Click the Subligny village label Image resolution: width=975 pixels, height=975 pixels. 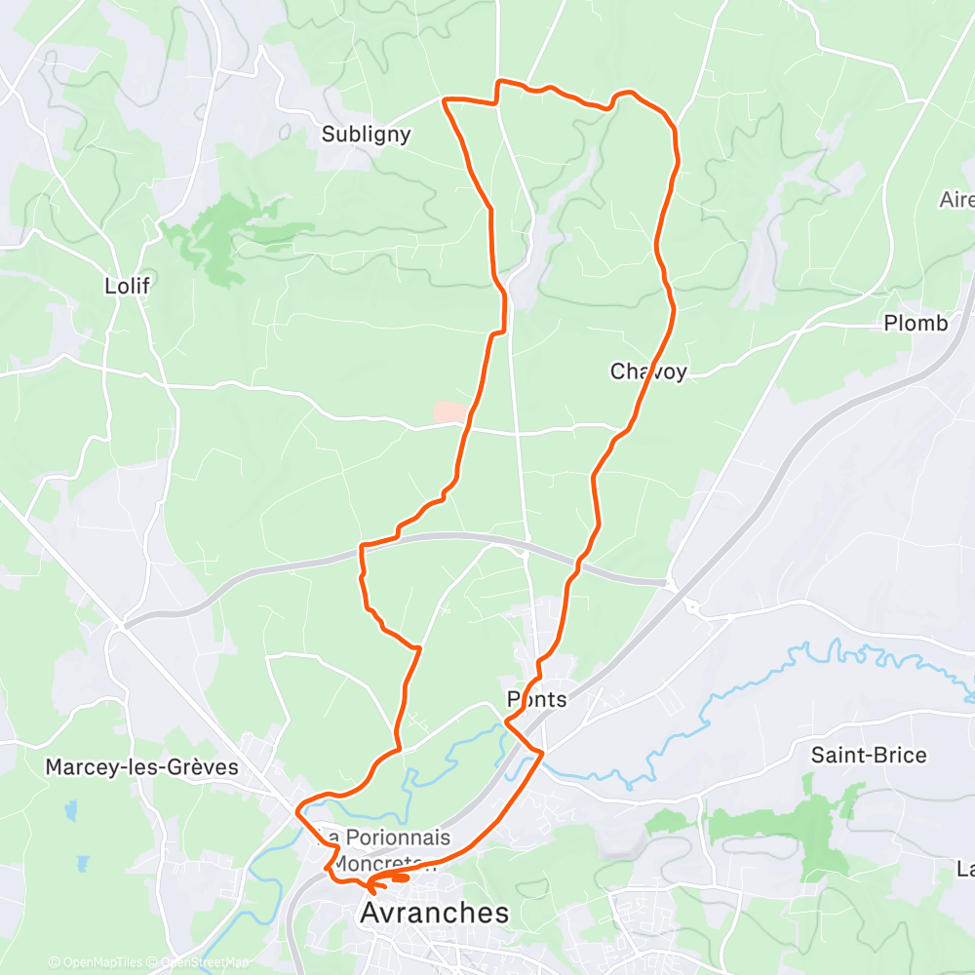367,135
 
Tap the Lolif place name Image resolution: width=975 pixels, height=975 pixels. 129,286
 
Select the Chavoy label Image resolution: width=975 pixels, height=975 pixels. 648,371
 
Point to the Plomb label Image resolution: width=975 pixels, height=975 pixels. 915,324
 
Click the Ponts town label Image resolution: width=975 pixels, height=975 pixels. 536,699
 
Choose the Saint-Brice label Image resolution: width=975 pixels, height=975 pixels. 869,755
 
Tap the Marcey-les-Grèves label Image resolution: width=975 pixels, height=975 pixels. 141,767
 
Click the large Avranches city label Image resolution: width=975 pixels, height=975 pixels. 435,913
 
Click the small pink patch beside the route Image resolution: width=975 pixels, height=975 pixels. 449,413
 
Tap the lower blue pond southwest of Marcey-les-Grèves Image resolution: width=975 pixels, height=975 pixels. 82,864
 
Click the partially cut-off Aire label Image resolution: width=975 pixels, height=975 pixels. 957,200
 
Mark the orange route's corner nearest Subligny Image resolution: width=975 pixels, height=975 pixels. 447,99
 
